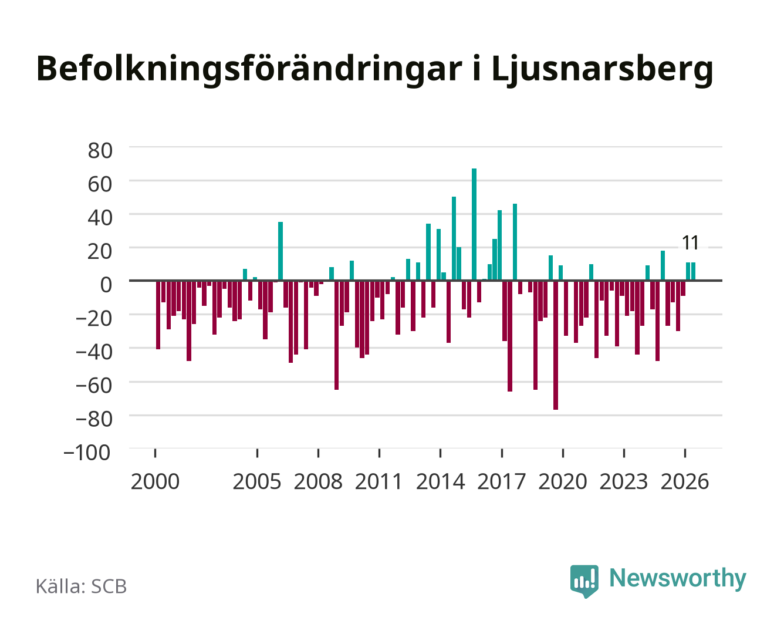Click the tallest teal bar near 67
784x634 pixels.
click(474, 224)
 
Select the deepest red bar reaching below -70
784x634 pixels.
click(555, 345)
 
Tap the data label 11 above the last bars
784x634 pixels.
click(690, 243)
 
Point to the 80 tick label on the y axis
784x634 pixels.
click(100, 151)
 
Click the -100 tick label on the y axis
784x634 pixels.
click(87, 453)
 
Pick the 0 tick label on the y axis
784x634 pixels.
click(106, 285)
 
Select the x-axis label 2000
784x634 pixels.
click(155, 481)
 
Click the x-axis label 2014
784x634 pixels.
click(440, 481)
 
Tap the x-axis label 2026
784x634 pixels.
click(685, 481)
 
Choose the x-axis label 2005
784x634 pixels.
click(257, 481)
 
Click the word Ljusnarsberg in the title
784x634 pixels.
click(603, 70)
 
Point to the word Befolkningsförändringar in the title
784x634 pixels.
click(249, 70)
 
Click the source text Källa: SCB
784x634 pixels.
click(82, 586)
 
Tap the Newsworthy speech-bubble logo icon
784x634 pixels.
click(584, 581)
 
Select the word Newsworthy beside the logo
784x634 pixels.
click(678, 579)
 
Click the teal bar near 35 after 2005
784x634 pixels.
click(281, 251)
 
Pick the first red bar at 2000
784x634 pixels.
click(158, 315)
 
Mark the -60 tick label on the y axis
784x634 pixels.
click(94, 386)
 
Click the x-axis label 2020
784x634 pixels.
click(562, 481)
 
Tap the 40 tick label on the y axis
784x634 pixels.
click(100, 218)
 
